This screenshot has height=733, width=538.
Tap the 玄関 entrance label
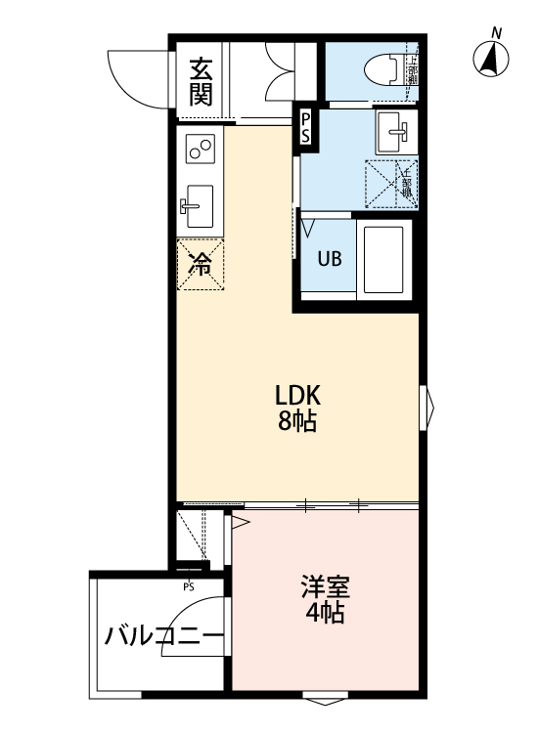point(202,82)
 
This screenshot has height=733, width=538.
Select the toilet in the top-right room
point(382,69)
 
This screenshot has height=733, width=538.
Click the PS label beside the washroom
point(306,127)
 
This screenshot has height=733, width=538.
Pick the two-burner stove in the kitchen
point(201,148)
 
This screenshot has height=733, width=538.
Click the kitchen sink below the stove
point(199,205)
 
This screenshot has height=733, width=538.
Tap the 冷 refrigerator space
point(200,264)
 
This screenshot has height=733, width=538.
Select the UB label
point(329,260)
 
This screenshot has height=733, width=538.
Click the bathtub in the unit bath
point(385,260)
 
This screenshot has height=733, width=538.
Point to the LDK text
point(297,397)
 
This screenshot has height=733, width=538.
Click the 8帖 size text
point(297,423)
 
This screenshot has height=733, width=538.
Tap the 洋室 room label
point(325,588)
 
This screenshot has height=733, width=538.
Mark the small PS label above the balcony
point(188,587)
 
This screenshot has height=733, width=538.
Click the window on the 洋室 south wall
point(325,698)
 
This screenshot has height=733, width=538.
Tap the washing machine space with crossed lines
point(391,183)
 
